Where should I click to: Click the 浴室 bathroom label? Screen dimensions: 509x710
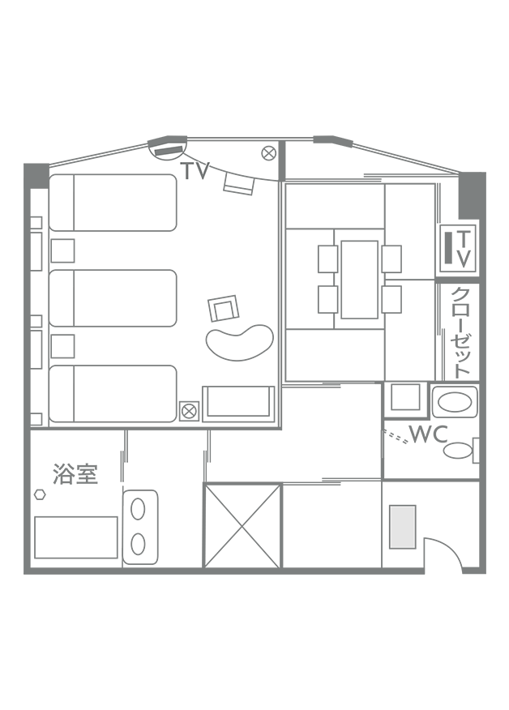coord(75,473)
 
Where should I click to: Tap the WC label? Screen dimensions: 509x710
coord(429,434)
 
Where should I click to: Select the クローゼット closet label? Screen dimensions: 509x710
coord(461,332)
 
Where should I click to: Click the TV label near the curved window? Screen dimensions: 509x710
coord(195,171)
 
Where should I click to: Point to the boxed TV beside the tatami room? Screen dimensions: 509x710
coord(458,248)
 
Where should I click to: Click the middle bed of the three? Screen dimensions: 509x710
coord(113,298)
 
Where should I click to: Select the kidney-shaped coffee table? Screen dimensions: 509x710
coord(240,342)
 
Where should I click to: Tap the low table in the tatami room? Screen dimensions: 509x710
coord(360,280)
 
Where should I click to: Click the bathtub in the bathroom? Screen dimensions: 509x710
coord(76,537)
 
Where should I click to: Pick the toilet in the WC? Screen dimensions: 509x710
coord(461,450)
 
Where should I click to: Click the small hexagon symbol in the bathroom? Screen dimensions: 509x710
coord(40,494)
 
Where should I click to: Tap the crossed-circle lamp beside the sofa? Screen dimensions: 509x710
coord(189,411)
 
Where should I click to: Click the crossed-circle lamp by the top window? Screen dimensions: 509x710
coord(269,153)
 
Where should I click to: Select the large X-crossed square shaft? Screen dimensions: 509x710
coord(242,525)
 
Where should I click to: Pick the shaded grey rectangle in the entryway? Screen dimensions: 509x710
coord(403,527)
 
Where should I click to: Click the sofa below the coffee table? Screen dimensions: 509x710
coord(238,404)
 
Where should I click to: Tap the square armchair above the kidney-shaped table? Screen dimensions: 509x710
coord(223,308)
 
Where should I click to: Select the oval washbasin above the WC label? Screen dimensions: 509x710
coord(455,402)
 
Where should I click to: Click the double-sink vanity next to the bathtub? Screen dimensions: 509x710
coord(140,527)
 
